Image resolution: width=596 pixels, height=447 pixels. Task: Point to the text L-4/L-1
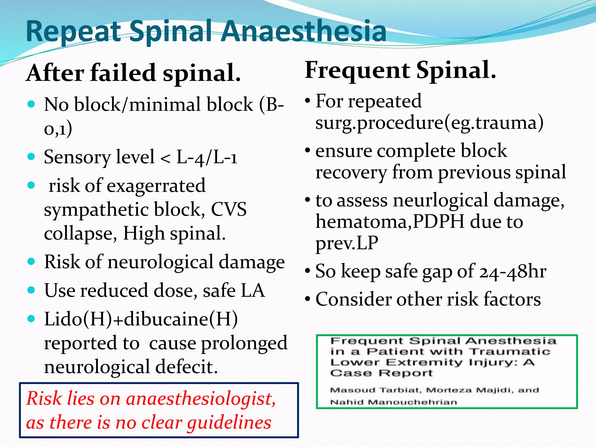[207, 157]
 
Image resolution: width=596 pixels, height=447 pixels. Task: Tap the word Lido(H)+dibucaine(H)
[141, 319]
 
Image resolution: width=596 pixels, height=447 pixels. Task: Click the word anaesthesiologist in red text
[201, 398]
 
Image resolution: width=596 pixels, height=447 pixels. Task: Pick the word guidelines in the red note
[229, 423]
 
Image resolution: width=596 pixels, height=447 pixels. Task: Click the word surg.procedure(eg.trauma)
[429, 123]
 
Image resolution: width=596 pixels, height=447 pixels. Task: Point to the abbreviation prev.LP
[347, 243]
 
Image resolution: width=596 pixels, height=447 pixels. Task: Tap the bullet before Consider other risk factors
[308, 299]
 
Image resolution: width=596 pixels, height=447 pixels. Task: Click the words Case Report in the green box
[381, 373]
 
